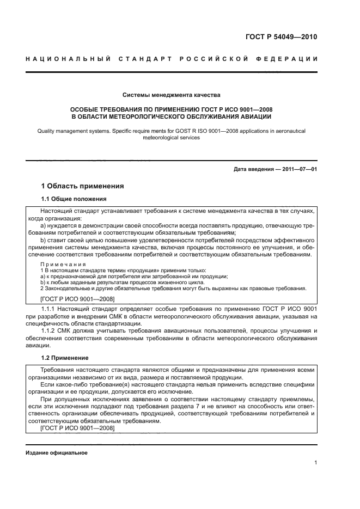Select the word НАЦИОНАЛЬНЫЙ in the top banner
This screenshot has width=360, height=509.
click(67, 59)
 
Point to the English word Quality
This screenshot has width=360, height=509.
click(48, 131)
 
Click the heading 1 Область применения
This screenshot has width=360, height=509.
click(83, 186)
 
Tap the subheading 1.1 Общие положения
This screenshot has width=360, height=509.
click(74, 199)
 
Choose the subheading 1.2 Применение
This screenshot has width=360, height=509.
click(66, 358)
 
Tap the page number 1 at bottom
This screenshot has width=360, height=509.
click(315, 463)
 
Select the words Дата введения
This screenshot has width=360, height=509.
click(252, 169)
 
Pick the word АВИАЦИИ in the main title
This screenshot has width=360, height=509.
click(253, 116)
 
